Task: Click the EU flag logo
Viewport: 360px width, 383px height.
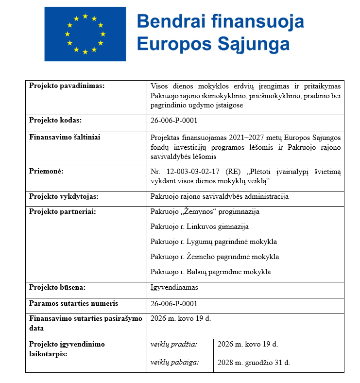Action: click(x=85, y=34)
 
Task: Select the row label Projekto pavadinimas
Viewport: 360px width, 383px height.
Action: click(x=67, y=86)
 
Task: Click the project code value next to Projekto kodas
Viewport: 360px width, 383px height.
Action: click(x=174, y=121)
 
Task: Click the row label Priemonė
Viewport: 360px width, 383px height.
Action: click(x=47, y=171)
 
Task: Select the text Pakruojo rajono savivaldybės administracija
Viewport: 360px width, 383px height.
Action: click(x=220, y=196)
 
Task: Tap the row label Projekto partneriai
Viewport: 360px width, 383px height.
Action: click(x=62, y=211)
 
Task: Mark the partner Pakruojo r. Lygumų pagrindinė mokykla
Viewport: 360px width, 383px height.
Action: click(x=214, y=242)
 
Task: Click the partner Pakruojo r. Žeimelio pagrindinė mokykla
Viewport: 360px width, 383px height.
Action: click(x=215, y=257)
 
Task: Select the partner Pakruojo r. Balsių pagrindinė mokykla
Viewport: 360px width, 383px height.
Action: click(x=211, y=272)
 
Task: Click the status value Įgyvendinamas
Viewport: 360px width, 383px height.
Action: click(x=174, y=287)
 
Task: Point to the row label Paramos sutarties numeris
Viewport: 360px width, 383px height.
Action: click(x=73, y=303)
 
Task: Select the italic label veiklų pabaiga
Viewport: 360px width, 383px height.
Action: click(x=175, y=362)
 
